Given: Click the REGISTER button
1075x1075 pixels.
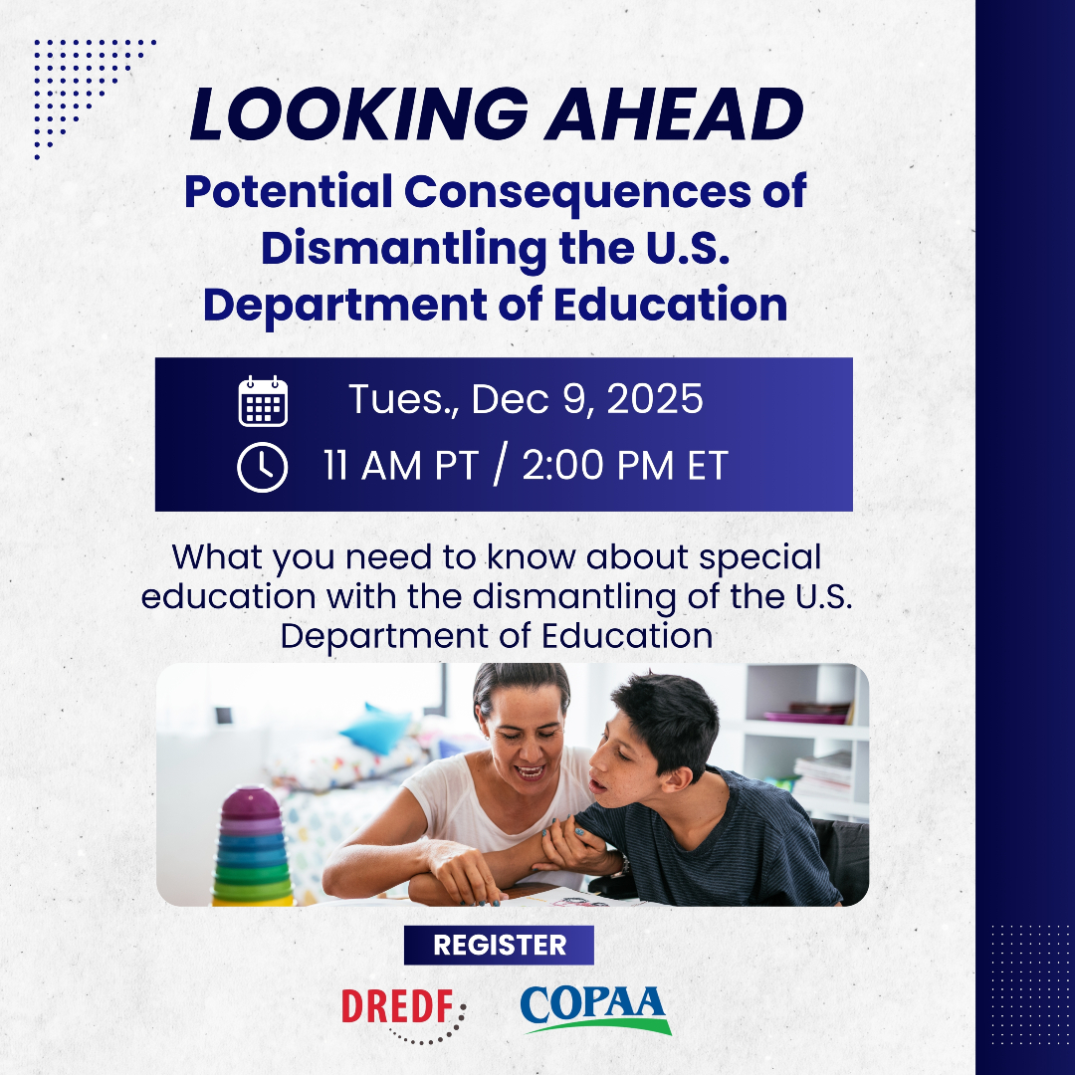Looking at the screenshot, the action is [x=499, y=945].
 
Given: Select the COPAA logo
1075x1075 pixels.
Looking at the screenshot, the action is [x=595, y=1009].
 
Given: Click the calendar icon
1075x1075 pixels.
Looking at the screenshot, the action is [x=263, y=401].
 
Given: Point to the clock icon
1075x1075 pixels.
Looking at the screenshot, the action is [x=263, y=467].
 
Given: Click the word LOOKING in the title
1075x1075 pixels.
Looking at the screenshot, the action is [x=359, y=113].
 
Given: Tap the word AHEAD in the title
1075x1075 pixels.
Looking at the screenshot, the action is [x=674, y=113].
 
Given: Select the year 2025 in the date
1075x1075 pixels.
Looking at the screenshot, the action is [x=655, y=398].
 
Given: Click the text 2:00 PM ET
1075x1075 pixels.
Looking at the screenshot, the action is [x=624, y=466].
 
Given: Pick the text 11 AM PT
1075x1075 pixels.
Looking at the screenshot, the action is [x=400, y=466].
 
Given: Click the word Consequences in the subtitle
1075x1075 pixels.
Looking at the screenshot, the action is [x=578, y=192].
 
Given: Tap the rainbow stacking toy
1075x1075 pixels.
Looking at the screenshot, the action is [x=252, y=847].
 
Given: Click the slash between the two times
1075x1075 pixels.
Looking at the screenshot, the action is [x=500, y=464].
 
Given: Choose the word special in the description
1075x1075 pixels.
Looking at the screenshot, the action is [x=759, y=558].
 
